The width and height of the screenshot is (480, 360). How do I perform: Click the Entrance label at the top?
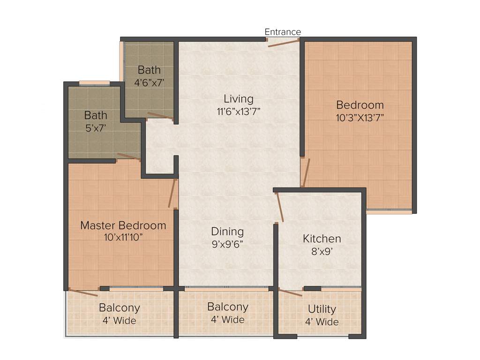pos(283,32)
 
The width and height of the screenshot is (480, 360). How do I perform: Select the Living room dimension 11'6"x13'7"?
pos(238,111)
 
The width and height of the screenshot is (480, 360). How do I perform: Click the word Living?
pos(238,99)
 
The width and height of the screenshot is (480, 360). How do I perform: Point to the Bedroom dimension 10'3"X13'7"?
pos(360,117)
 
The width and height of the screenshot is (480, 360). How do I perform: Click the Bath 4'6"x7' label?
pos(149,82)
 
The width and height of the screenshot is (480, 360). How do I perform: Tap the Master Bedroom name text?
pos(123,225)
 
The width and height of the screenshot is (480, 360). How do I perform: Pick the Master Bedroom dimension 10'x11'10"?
pos(123,237)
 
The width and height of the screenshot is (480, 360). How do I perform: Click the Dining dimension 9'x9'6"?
pos(227,244)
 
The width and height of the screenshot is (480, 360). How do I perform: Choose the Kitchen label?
pos(322,239)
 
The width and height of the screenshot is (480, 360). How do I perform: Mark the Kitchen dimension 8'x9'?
pos(322,251)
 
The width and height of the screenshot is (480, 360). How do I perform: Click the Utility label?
pos(322,309)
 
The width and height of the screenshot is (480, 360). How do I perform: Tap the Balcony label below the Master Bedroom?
pos(119,308)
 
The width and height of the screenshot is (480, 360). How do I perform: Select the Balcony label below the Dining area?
pos(227,307)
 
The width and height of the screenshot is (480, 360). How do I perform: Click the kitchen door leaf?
pos(280,206)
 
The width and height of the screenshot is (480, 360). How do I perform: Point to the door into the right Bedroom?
pos(306,172)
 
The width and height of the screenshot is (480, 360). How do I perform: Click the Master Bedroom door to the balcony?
pos(83,292)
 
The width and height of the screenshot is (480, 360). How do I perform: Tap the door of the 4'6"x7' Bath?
pos(160,116)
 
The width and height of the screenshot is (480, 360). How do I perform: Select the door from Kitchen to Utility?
pos(290,292)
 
